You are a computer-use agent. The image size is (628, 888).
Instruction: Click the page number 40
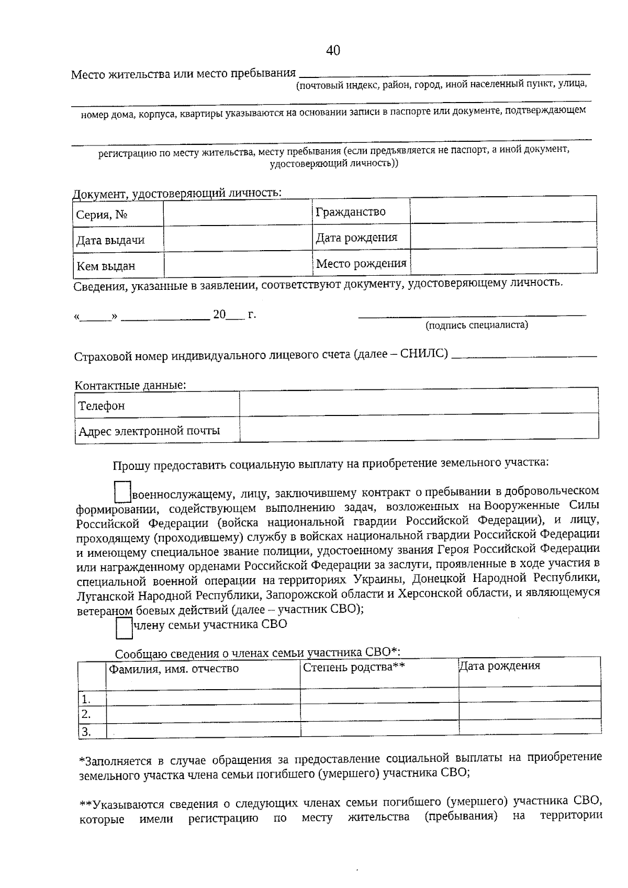pyautogui.click(x=333, y=50)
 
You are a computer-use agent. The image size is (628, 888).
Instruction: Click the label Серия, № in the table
pyautogui.click(x=103, y=215)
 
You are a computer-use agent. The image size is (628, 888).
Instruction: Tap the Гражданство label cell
pyautogui.click(x=350, y=212)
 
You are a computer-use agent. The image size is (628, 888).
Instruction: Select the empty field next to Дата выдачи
pyautogui.click(x=238, y=240)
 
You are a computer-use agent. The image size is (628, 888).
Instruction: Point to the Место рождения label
pyautogui.click(x=361, y=263)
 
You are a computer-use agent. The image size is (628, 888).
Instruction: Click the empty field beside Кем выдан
pyautogui.click(x=238, y=265)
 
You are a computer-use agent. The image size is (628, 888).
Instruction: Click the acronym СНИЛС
pyautogui.click(x=424, y=354)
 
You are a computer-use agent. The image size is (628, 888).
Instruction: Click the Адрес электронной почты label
pyautogui.click(x=149, y=431)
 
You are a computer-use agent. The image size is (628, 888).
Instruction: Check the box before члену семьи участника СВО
pyautogui.click(x=124, y=628)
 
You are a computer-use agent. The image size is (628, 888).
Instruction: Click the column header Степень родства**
pyautogui.click(x=354, y=667)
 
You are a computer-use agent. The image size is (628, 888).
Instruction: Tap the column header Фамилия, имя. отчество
pyautogui.click(x=173, y=669)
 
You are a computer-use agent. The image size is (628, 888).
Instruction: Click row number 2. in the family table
pyautogui.click(x=86, y=714)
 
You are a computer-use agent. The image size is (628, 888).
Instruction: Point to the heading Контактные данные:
pyautogui.click(x=130, y=386)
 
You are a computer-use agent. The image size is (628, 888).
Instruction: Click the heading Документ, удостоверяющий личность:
pyautogui.click(x=177, y=193)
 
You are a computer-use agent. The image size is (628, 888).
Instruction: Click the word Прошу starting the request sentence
pyautogui.click(x=131, y=465)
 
